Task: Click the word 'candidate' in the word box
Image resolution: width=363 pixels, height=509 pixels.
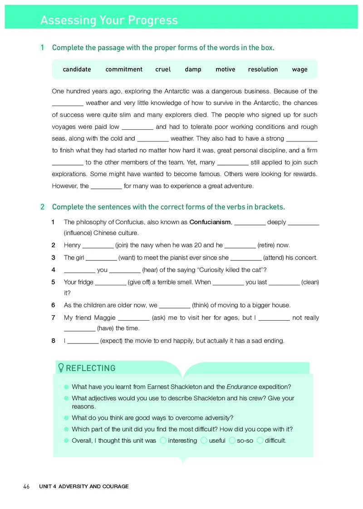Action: click(x=77, y=69)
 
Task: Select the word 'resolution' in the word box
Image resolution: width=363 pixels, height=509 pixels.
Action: click(x=263, y=69)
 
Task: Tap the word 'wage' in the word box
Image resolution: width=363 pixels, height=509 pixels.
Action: click(x=299, y=69)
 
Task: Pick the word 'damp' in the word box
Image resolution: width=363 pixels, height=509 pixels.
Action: click(x=193, y=69)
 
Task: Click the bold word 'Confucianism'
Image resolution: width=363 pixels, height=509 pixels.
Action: click(x=210, y=222)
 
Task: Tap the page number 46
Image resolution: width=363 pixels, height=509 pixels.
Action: click(x=26, y=487)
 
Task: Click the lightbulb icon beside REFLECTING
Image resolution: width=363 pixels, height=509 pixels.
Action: click(x=61, y=368)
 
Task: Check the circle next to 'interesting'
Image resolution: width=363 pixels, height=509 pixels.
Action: click(x=163, y=440)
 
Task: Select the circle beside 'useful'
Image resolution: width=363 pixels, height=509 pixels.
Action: click(x=204, y=440)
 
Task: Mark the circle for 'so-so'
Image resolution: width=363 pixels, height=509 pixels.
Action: click(x=232, y=440)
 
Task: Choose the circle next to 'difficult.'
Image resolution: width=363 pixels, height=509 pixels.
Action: click(x=260, y=440)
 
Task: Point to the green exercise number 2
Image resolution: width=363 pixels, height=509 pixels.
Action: click(x=42, y=207)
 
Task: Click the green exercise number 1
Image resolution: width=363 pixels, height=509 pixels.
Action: click(x=42, y=48)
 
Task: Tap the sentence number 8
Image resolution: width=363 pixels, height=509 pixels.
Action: click(x=54, y=341)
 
